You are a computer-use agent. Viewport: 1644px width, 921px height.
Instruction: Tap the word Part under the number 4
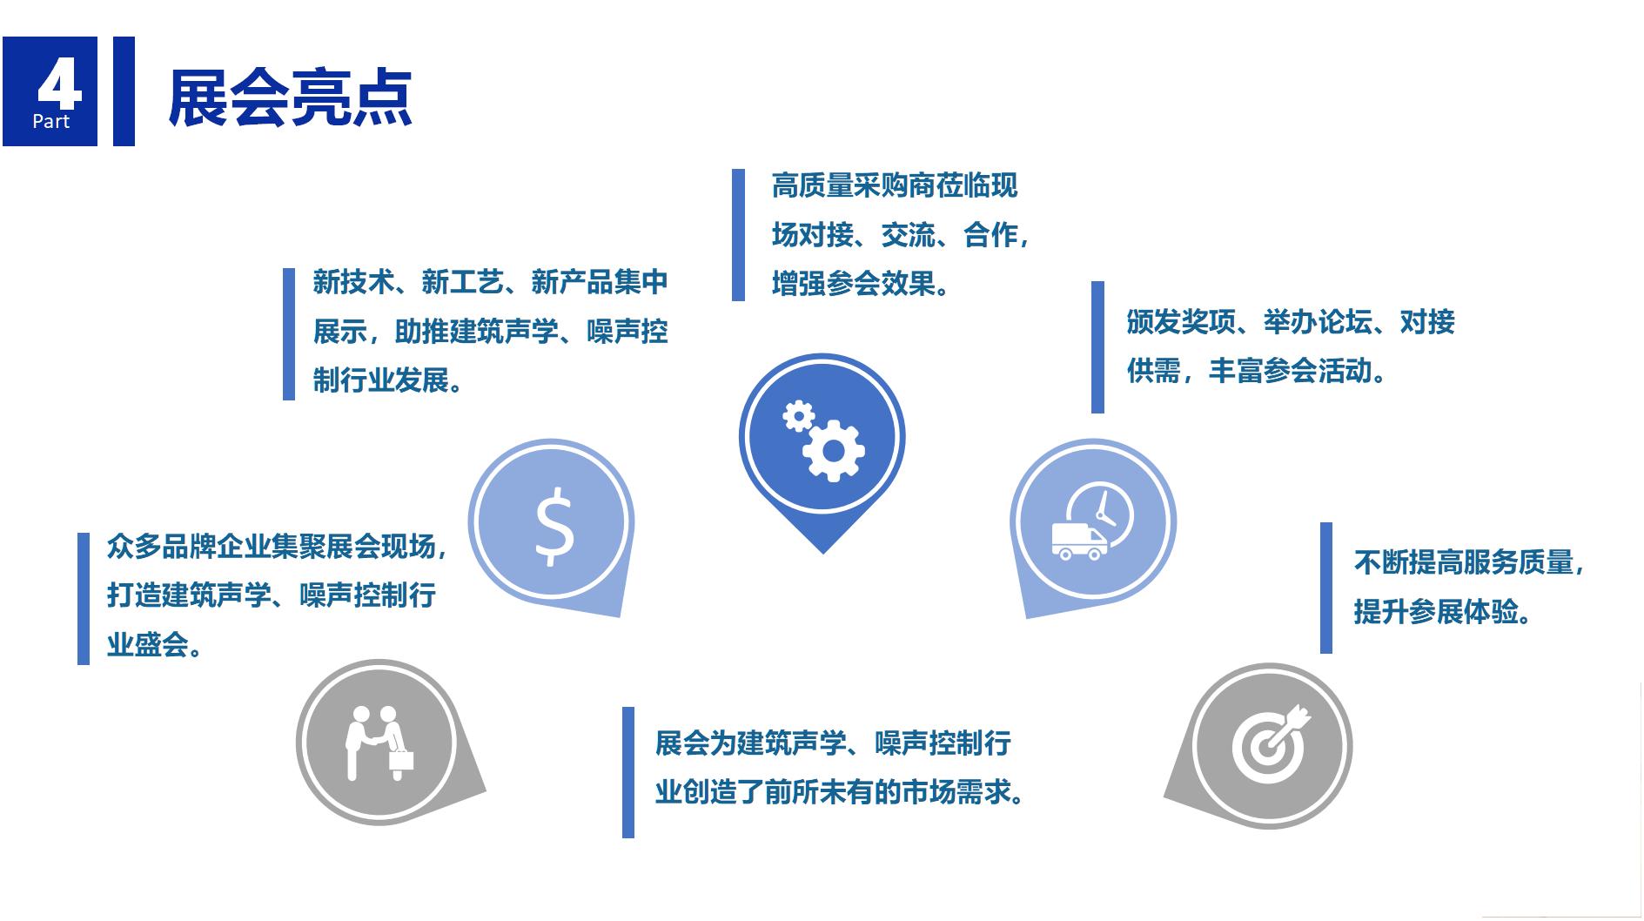click(50, 121)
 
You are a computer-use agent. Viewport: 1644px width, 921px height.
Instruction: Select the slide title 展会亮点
click(290, 97)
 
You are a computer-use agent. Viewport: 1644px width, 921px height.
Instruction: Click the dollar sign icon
click(554, 526)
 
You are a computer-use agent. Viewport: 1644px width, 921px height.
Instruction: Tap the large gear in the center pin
click(833, 450)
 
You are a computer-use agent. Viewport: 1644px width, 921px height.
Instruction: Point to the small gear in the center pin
click(798, 416)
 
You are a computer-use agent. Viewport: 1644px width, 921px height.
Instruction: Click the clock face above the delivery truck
click(1101, 514)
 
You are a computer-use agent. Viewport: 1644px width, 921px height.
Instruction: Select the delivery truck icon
click(1079, 541)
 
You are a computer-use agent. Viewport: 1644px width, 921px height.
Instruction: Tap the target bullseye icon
click(1271, 743)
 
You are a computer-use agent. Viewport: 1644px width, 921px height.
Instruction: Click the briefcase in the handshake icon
click(400, 759)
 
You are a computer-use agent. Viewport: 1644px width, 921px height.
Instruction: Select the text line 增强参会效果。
click(861, 284)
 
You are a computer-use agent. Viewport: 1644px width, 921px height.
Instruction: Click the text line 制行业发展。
click(388, 380)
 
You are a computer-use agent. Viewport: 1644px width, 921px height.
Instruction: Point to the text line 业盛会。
click(155, 645)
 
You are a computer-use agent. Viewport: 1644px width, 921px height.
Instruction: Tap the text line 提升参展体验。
click(1442, 612)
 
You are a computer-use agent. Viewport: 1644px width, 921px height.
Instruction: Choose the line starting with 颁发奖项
click(1291, 322)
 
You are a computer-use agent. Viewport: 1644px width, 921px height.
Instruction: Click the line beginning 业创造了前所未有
click(840, 793)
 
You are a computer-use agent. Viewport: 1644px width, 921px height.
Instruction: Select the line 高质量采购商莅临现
click(895, 185)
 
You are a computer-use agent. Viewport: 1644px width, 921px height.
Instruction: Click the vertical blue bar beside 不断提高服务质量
click(1326, 588)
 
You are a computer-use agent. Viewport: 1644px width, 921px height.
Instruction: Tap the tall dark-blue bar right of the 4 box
click(124, 91)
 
